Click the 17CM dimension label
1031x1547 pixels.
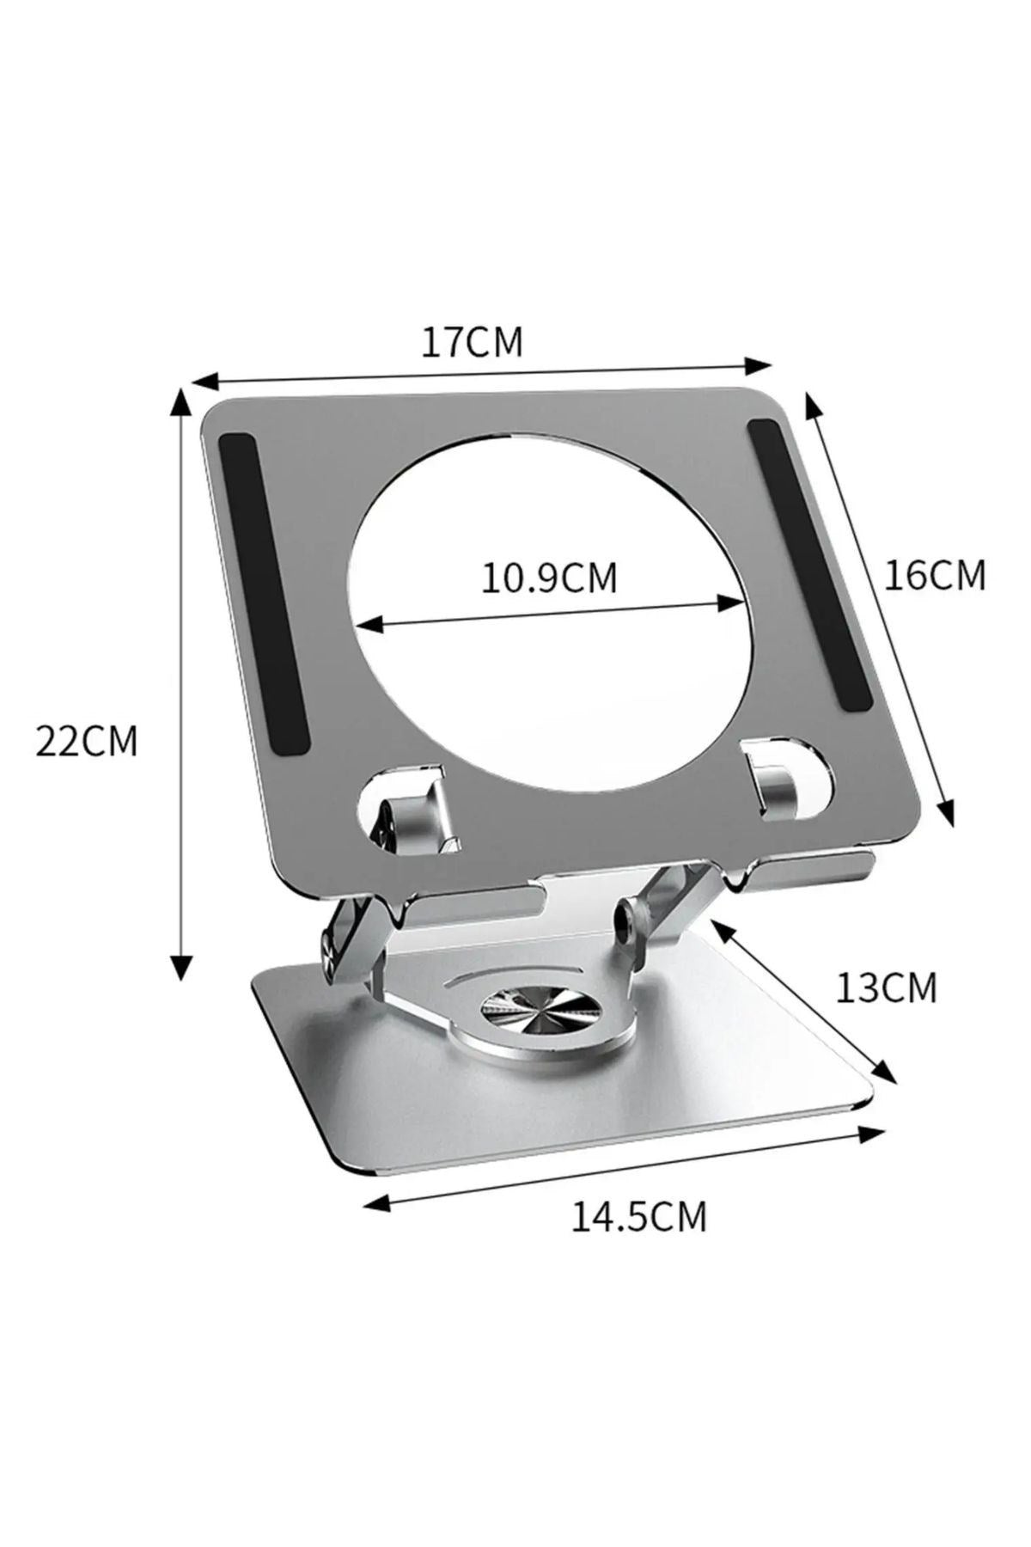(471, 342)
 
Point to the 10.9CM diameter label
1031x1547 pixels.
(548, 578)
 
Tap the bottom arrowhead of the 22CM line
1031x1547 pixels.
(180, 969)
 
